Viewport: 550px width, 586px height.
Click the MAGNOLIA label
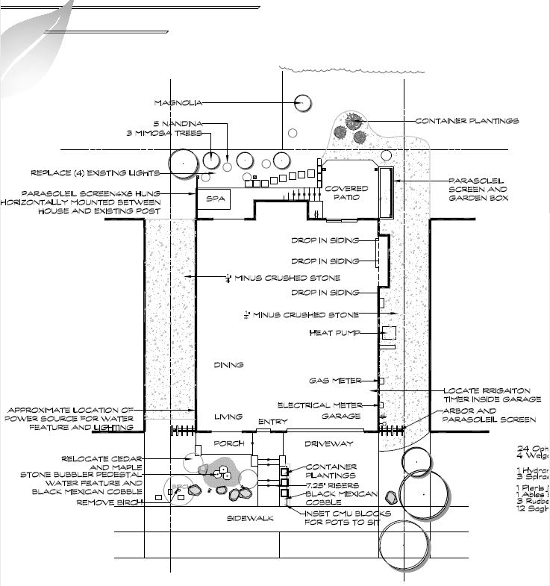[177, 102]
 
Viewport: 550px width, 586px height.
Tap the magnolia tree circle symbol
[302, 103]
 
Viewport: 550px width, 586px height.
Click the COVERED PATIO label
[346, 193]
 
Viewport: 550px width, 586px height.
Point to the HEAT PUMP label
[334, 333]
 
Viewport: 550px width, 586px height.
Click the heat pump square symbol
[389, 333]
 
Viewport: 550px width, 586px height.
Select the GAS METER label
[336, 381]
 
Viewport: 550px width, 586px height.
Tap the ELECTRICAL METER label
[320, 405]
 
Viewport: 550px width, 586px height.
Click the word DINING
[229, 365]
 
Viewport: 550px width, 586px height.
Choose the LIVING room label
[229, 417]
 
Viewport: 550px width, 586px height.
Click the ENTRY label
[272, 423]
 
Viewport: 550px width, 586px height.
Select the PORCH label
[229, 443]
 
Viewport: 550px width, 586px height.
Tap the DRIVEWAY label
[328, 443]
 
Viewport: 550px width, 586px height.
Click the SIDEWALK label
[250, 517]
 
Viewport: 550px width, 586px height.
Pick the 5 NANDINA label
[178, 122]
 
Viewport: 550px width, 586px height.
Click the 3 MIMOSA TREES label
[163, 134]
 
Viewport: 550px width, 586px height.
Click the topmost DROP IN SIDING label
[325, 240]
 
